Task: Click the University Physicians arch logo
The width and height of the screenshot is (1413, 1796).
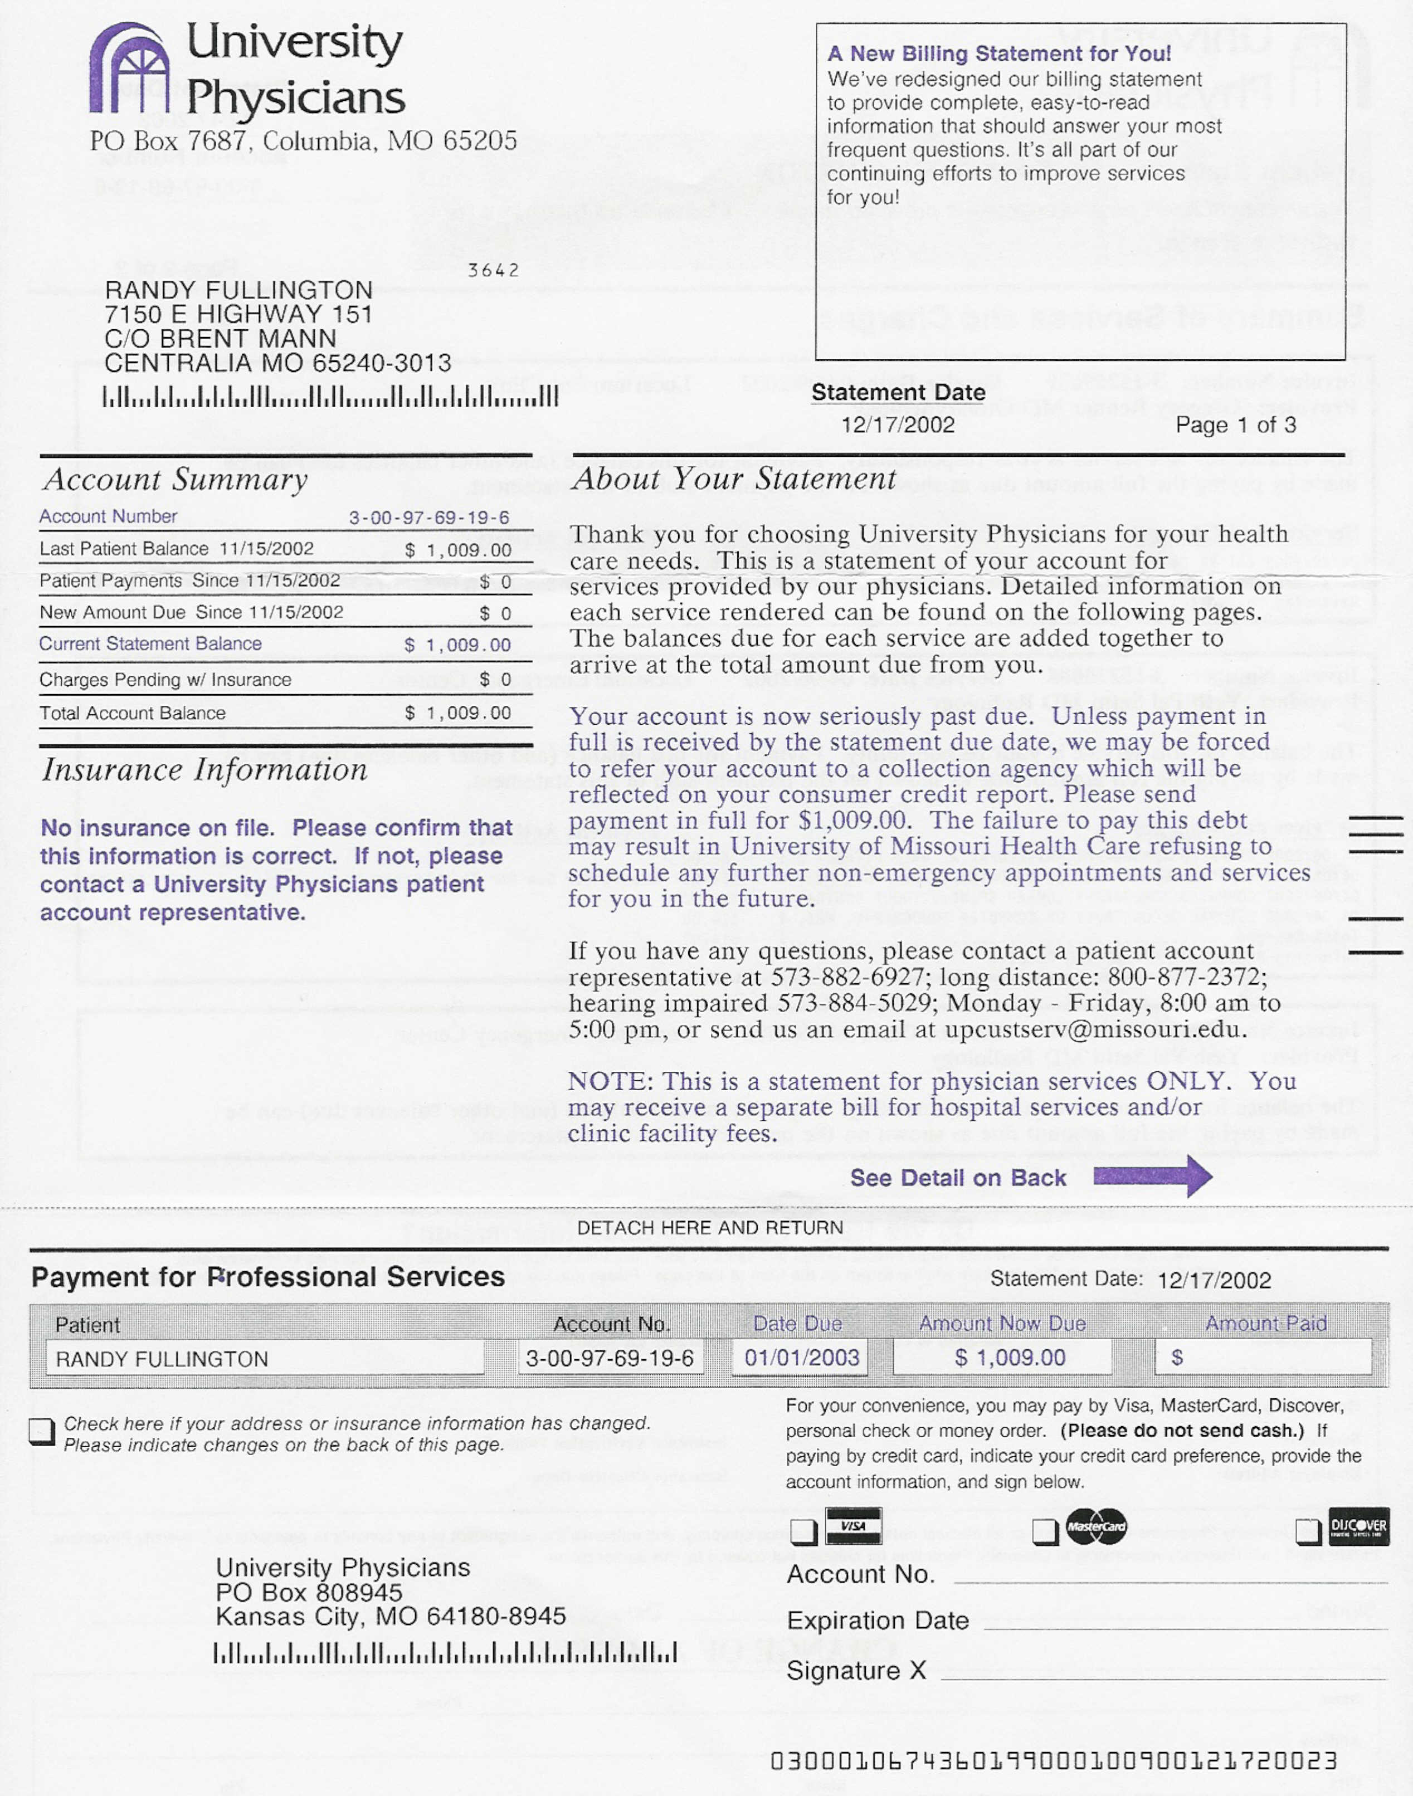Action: click(129, 69)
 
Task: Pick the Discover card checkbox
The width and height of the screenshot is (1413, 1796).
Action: click(1308, 1531)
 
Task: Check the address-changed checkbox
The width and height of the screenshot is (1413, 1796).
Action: click(41, 1431)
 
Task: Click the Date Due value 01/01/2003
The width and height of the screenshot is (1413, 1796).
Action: click(801, 1358)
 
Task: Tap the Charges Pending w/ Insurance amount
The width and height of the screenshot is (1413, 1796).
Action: click(495, 680)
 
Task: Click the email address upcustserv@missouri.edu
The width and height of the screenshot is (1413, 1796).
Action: click(1095, 1029)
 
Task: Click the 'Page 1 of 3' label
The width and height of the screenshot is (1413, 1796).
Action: click(1235, 425)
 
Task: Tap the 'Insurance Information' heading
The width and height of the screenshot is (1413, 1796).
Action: click(204, 770)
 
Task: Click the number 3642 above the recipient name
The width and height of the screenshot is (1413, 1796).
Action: click(493, 270)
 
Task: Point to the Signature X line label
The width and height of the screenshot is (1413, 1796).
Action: click(855, 1670)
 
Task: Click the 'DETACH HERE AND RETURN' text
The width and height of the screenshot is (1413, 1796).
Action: click(710, 1228)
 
